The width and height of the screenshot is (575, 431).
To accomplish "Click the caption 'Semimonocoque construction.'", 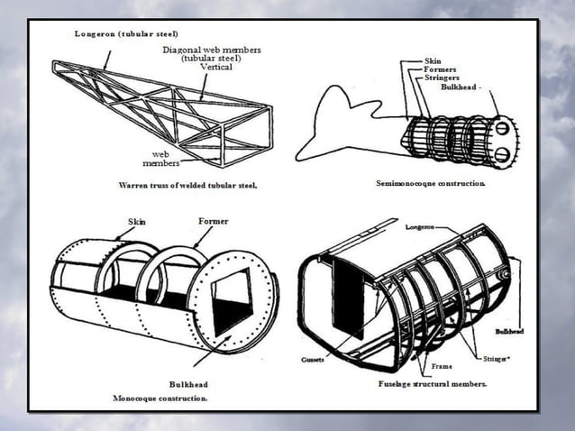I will (430, 184).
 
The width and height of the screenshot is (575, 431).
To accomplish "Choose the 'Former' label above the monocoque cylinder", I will (213, 221).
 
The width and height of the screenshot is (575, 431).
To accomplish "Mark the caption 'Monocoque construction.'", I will (160, 397).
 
